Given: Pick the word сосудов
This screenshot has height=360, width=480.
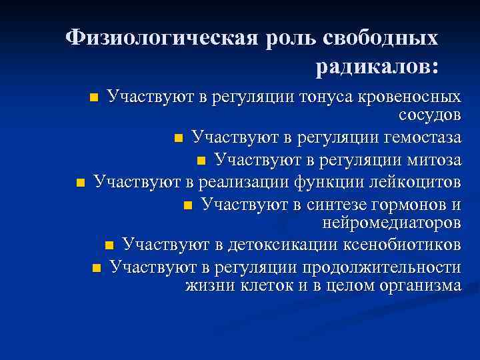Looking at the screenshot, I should (x=429, y=115).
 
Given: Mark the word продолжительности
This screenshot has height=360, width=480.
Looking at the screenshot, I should (x=382, y=267).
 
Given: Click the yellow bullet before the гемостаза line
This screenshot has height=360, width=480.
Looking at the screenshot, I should (x=178, y=139).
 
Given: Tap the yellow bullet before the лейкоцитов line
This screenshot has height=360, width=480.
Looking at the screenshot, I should (x=80, y=182).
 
